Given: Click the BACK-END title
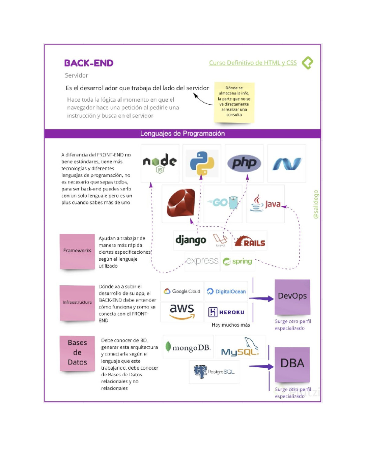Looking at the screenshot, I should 89,63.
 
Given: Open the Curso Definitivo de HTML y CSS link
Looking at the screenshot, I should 253,63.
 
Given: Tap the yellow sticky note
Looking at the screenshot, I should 234,102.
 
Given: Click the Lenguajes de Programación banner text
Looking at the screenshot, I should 182,133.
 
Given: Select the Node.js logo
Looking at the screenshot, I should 160,163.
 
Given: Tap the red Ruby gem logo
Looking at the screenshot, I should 181,203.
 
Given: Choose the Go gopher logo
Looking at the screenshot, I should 223,203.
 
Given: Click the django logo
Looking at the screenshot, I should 191,240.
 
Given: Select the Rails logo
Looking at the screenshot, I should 250,241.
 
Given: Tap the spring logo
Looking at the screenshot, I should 238,262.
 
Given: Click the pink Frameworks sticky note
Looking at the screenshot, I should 77,251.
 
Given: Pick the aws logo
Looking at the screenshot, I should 182,311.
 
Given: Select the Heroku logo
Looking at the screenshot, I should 226,312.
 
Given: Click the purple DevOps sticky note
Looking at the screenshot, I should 292,297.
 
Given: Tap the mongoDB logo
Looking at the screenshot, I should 188,347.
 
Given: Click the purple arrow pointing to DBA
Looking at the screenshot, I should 261,366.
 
